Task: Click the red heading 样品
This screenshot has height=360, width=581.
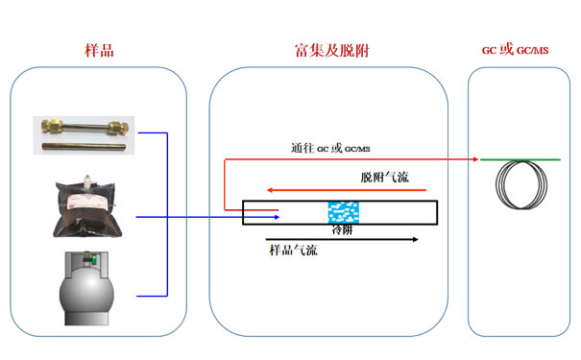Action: (x=99, y=50)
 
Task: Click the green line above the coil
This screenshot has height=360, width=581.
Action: (x=519, y=159)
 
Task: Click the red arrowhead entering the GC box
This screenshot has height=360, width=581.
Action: (x=477, y=159)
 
